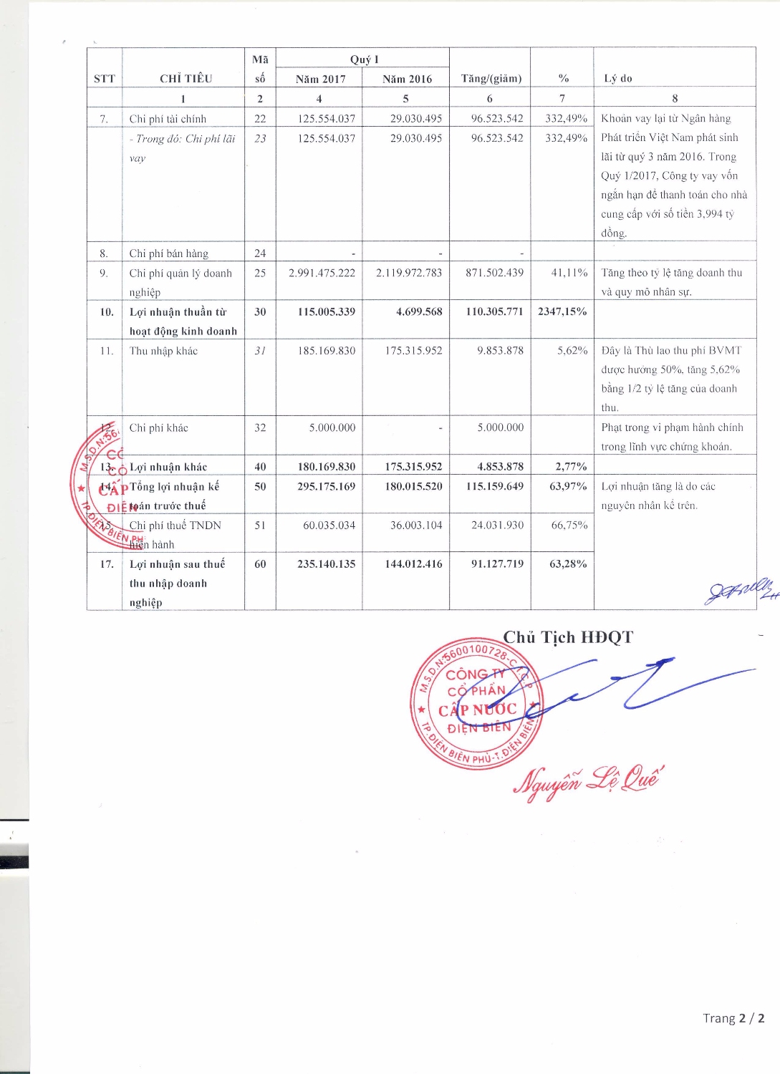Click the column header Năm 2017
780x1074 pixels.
[x=320, y=79]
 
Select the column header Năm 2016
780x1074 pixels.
[x=407, y=79]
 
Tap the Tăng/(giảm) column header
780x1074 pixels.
[x=491, y=78]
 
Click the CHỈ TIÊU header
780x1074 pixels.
[x=186, y=78]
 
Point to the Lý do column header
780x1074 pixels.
[x=617, y=78]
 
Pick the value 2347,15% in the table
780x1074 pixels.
[x=562, y=311]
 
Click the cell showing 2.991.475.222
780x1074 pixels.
[x=322, y=273]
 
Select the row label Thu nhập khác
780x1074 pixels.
[x=163, y=350]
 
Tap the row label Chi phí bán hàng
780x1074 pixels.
[x=168, y=253]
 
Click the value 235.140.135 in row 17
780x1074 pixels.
[x=326, y=563]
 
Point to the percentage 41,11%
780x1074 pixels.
[x=572, y=273]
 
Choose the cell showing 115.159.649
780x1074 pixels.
[x=494, y=486]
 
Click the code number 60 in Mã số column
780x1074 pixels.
[x=260, y=563]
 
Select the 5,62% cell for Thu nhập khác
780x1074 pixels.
[x=572, y=350]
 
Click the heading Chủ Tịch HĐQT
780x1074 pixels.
[x=568, y=637]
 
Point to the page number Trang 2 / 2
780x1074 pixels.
[x=733, y=1018]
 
